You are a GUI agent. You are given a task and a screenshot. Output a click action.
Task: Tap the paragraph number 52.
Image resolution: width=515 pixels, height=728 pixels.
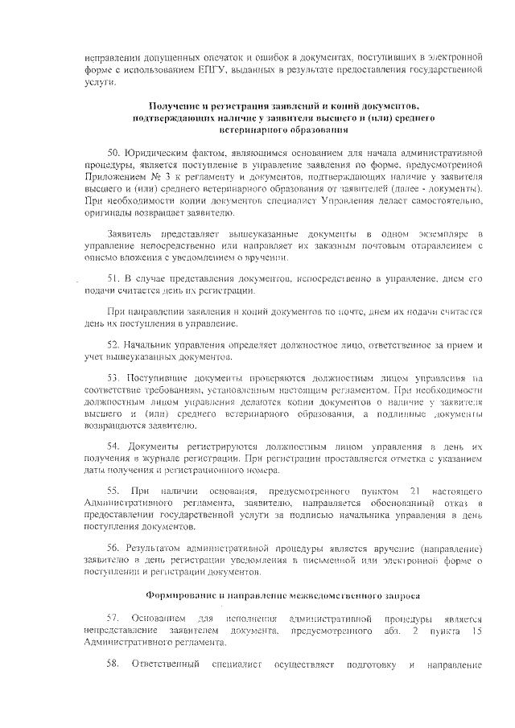(113, 344)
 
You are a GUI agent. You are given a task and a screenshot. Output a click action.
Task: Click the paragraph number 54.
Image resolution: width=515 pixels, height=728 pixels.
(113, 445)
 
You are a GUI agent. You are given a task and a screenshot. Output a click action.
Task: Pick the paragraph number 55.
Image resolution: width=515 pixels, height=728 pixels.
(113, 490)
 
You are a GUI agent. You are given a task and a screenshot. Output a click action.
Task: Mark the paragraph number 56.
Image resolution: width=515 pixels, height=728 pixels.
(113, 545)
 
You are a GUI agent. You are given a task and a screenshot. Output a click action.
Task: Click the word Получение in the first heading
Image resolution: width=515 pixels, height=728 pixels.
(175, 106)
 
